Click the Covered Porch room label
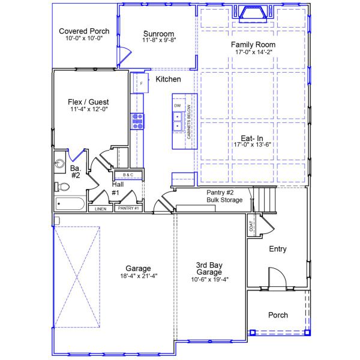83,31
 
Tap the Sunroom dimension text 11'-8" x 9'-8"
158,41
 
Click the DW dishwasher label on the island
177,106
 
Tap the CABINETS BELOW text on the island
189,125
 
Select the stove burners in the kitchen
137,121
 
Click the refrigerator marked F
141,83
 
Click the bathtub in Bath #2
70,204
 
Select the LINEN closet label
100,209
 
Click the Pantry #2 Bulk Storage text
224,196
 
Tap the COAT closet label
251,226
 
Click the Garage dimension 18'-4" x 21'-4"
138,277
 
